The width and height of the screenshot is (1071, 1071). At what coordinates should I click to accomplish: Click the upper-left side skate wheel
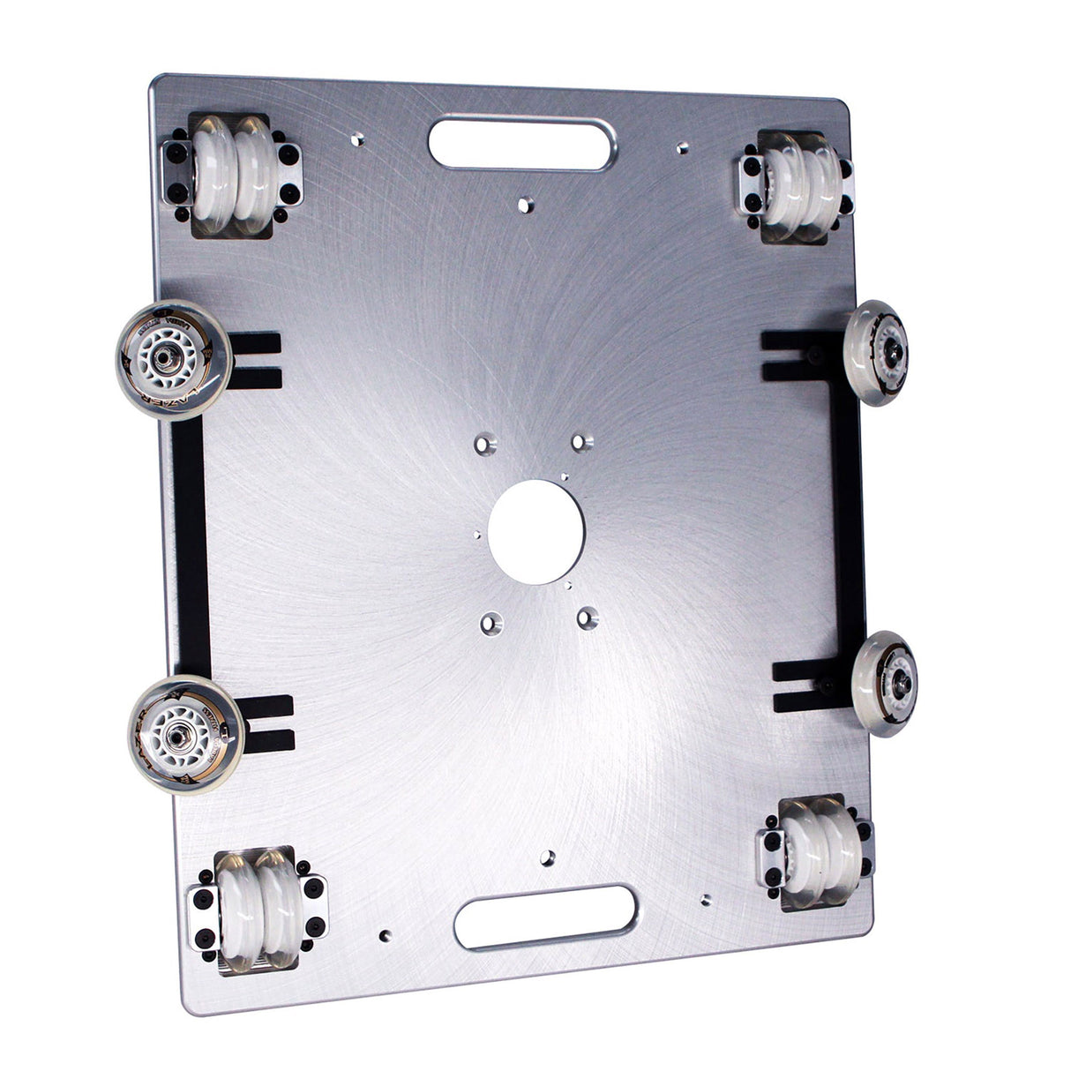pos(174,360)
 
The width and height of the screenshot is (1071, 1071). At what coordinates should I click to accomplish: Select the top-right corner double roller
pos(797,186)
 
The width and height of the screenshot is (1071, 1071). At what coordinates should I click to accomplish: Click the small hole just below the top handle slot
pos(526,205)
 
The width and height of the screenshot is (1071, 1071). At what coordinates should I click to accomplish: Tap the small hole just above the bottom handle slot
pos(548,857)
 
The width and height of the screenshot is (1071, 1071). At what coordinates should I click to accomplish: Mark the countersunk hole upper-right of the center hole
pos(578,440)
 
